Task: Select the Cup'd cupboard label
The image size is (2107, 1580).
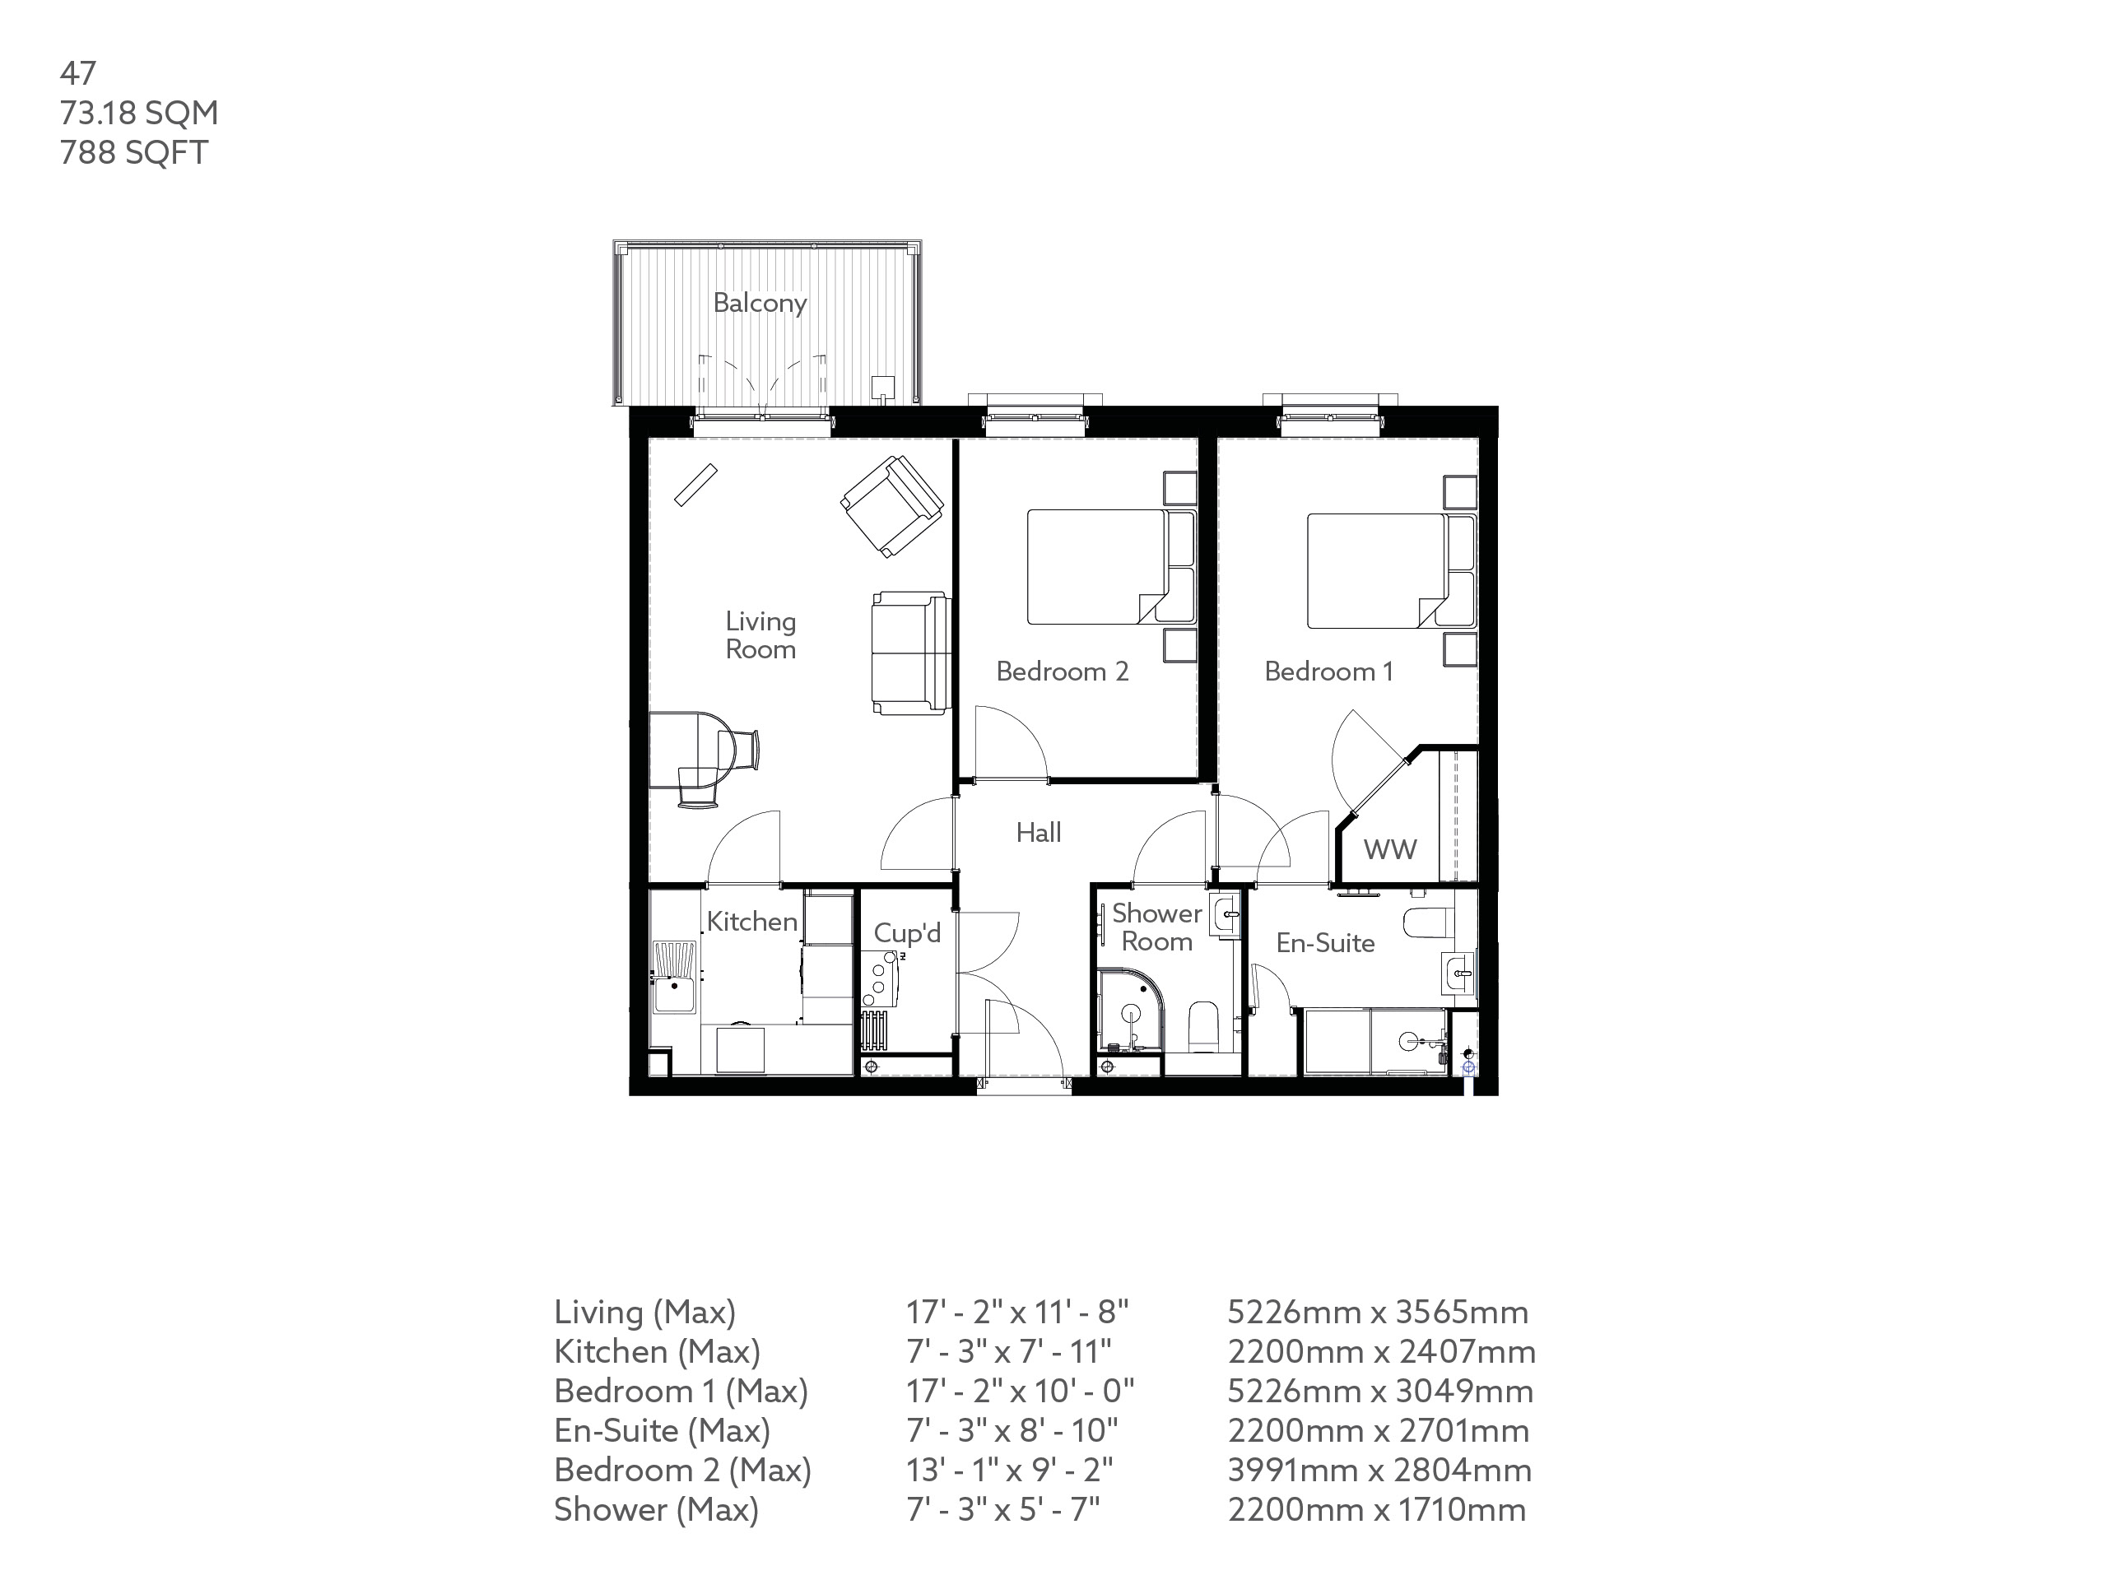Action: tap(906, 933)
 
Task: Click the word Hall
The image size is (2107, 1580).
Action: tap(1037, 834)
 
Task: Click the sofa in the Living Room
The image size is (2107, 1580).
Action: tap(909, 653)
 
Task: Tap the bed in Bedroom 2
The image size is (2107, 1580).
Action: tap(1105, 567)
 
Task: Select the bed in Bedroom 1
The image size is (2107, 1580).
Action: tap(1386, 571)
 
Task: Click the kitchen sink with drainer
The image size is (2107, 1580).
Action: tap(674, 978)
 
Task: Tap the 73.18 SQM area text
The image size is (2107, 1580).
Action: tap(139, 113)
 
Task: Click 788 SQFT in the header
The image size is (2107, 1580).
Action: tap(133, 152)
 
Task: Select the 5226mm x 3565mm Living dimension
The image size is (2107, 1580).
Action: tap(1376, 1313)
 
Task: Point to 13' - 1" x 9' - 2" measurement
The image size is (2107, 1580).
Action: tap(1009, 1471)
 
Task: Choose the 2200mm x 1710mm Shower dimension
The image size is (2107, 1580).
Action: tap(1375, 1509)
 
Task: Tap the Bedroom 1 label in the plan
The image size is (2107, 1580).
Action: tap(1328, 671)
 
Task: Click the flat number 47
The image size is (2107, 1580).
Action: tap(77, 73)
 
